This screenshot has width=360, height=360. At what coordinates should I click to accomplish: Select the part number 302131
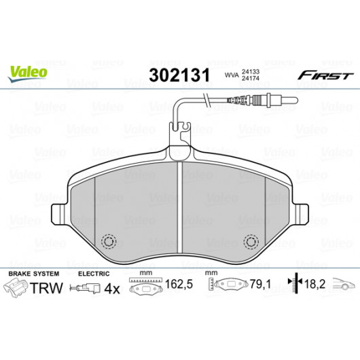179,75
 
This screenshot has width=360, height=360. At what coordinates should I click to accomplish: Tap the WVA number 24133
251,71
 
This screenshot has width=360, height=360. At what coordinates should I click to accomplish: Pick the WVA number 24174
251,78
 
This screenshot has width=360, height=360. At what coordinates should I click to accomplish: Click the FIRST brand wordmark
325,75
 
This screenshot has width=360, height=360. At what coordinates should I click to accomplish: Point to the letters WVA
232,75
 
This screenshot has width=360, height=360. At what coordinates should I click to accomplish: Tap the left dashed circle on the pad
109,242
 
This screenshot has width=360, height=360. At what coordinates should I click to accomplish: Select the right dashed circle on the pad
251,242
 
